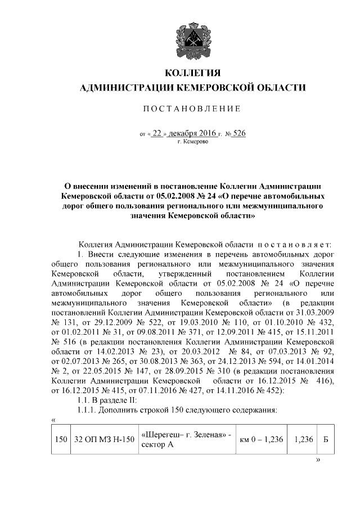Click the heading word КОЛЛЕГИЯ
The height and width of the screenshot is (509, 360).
coord(191,73)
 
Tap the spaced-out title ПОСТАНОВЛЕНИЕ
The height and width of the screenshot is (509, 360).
coord(191,108)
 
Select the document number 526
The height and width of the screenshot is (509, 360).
coord(238,134)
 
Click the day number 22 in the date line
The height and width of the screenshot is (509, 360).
coord(160,134)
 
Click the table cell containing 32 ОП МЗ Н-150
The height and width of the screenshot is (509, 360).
coord(103,439)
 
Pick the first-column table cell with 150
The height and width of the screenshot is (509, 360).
coord(60,439)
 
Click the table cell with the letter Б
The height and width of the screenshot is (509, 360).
coord(325,439)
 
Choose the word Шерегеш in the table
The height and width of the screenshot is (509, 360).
coord(161,434)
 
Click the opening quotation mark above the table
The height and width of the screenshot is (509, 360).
coord(53,420)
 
